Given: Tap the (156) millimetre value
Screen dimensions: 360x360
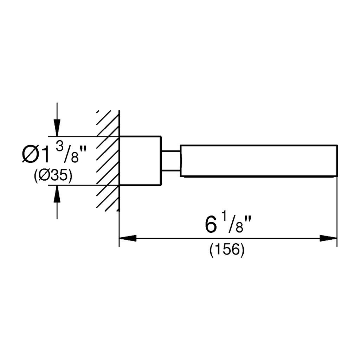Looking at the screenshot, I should pos(227,250).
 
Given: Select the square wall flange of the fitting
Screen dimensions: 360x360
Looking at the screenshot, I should pos(140,160).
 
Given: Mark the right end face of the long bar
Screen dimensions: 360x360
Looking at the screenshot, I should pos(337,160).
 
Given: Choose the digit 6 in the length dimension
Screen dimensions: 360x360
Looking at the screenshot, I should pos(210,225).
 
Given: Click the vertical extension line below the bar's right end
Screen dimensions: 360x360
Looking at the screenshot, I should pos(337,211).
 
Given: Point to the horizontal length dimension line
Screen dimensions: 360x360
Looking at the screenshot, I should pos(229,238).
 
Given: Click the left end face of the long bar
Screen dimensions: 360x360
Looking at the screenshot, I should pos(181,160).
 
